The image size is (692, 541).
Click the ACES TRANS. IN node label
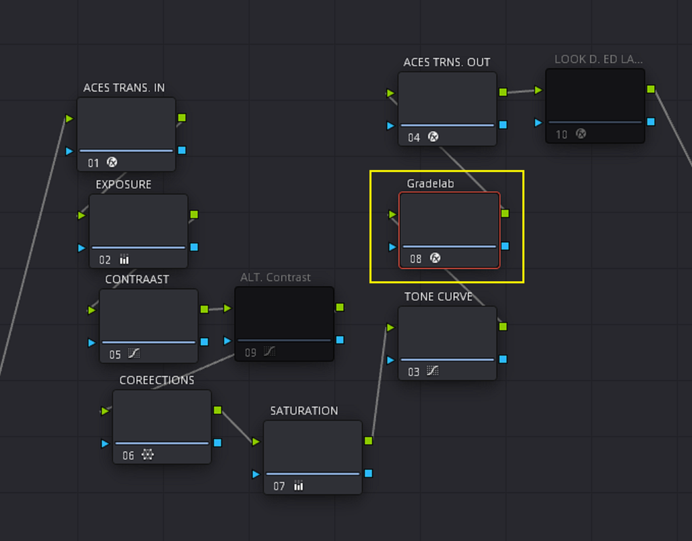(x=124, y=88)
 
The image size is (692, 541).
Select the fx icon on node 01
(x=112, y=162)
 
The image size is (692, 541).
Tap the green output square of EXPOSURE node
(x=194, y=214)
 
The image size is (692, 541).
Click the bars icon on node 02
(x=124, y=260)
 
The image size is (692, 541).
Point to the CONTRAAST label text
(x=137, y=279)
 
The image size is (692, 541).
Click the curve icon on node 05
(x=134, y=354)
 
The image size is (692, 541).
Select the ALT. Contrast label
(x=275, y=277)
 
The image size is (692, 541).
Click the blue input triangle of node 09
(x=227, y=341)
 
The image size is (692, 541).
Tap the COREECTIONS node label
(x=157, y=380)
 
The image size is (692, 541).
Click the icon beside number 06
(x=147, y=454)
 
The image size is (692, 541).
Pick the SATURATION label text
(x=304, y=411)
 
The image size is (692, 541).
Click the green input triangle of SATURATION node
(x=256, y=442)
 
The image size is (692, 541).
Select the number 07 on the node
(x=279, y=486)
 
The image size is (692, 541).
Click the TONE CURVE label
(x=438, y=296)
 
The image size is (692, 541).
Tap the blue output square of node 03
(x=503, y=359)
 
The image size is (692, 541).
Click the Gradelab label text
(x=430, y=183)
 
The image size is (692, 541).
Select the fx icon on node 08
(x=435, y=258)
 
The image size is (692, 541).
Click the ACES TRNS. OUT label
(x=446, y=62)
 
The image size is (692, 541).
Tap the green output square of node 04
(x=503, y=92)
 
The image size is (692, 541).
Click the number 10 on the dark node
(x=561, y=135)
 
